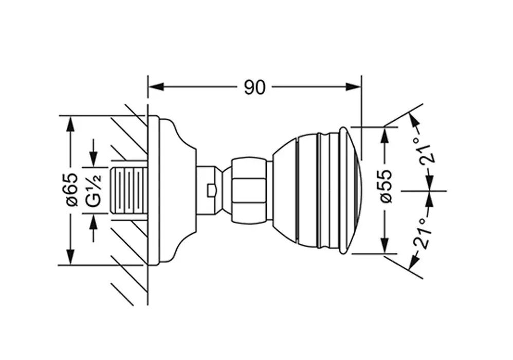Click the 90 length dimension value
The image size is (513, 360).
(254, 87)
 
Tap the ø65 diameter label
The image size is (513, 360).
(72, 190)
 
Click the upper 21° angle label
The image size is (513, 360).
(427, 150)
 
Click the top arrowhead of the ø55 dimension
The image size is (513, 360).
(385, 134)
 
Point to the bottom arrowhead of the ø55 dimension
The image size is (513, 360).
(385, 245)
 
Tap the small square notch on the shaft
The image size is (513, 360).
(211, 191)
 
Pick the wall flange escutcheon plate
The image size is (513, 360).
(172, 190)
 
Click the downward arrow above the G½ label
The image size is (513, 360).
(94, 153)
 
